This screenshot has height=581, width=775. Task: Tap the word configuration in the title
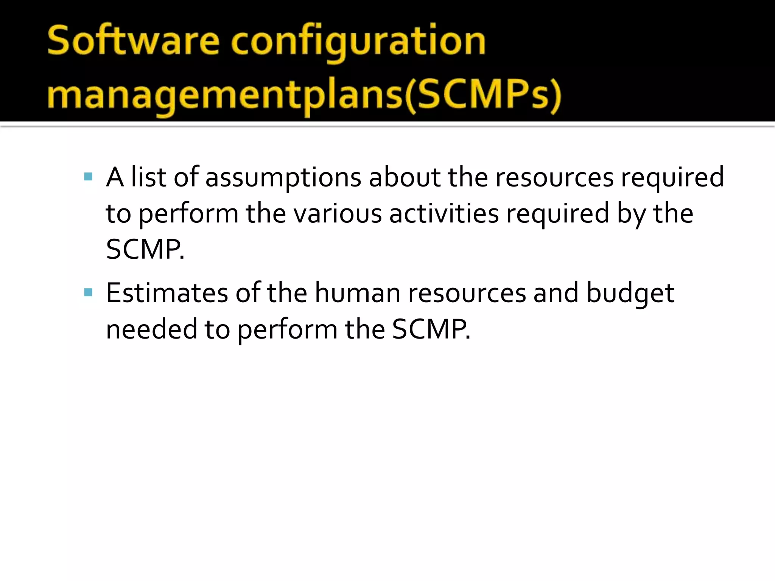click(x=358, y=42)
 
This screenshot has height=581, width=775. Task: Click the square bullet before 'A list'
click(x=88, y=177)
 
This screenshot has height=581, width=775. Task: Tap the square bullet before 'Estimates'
click(x=88, y=292)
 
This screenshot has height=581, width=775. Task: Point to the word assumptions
click(x=283, y=178)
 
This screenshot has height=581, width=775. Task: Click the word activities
click(x=444, y=213)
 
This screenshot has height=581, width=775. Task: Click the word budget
click(x=630, y=294)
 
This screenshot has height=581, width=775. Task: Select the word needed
click(x=151, y=329)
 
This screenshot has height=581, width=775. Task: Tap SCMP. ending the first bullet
click(x=145, y=250)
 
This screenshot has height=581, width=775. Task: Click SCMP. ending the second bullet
click(x=431, y=329)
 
